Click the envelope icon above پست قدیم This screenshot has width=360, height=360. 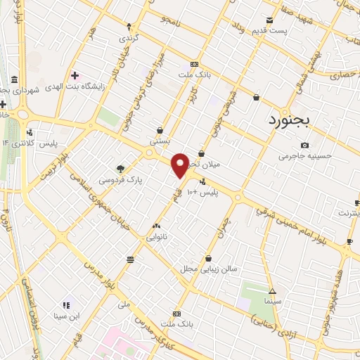click(x=269, y=20)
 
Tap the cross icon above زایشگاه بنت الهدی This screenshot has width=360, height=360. click(x=75, y=75)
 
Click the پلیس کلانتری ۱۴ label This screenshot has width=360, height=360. click(x=29, y=143)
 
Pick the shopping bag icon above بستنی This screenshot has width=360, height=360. click(x=161, y=129)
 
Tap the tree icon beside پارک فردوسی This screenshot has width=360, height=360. click(x=120, y=169)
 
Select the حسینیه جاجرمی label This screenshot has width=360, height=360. click(x=304, y=157)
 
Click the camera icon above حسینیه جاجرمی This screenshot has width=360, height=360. click(x=304, y=145)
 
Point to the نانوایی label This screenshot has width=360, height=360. click(x=156, y=238)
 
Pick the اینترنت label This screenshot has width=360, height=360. click(x=346, y=212)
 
